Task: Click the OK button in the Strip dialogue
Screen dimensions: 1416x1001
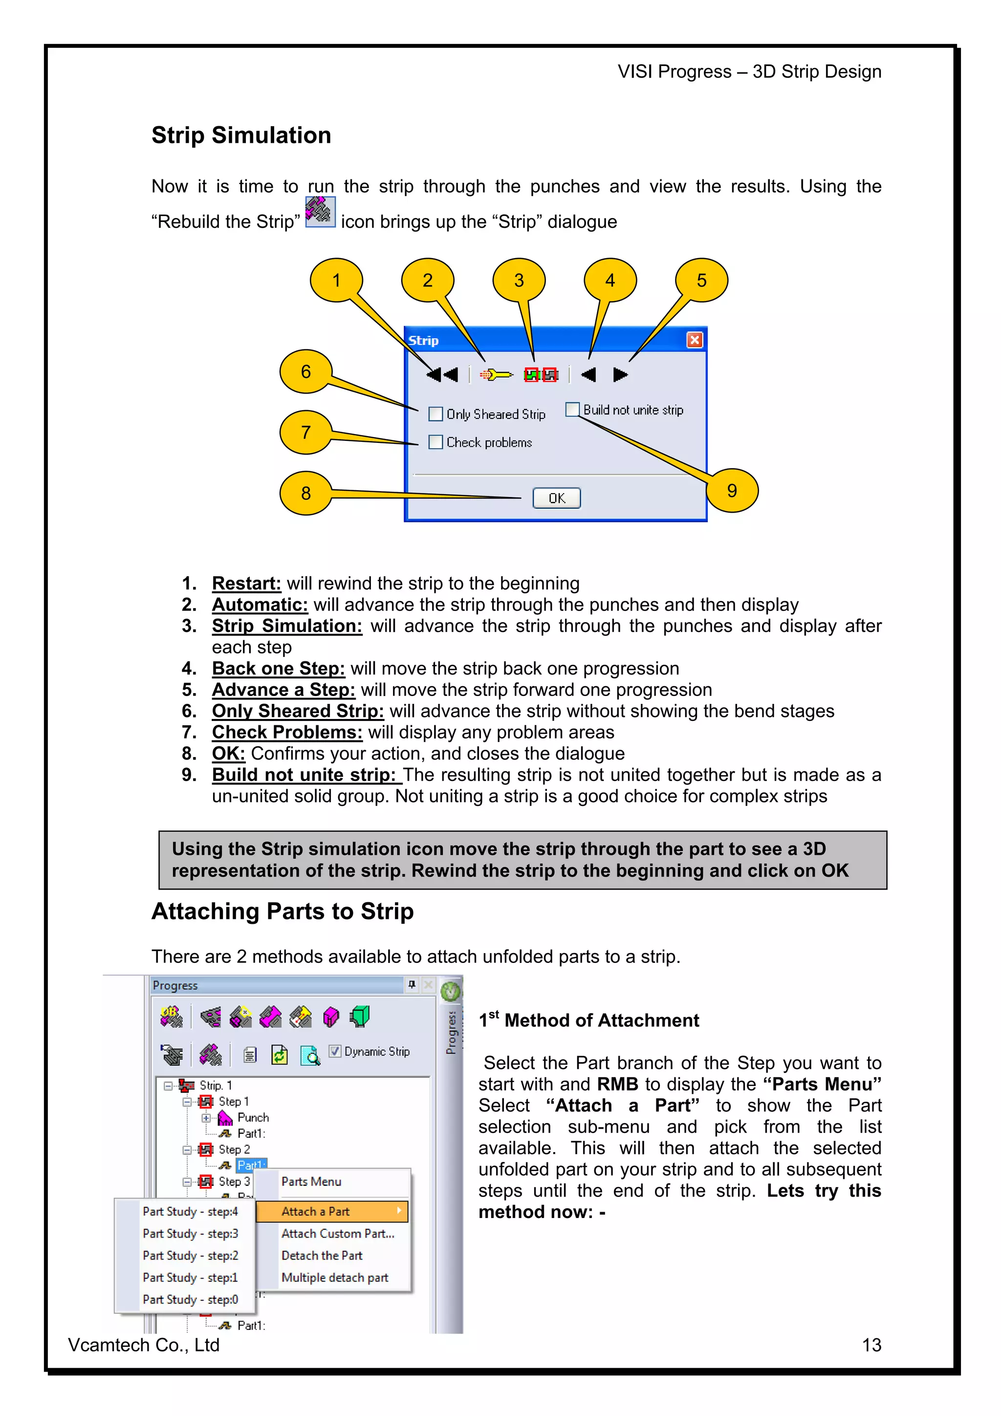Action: [556, 498]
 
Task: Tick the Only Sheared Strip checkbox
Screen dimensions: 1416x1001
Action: [435, 414]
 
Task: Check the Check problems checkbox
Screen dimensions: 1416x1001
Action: [435, 442]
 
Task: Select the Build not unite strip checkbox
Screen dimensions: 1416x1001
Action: [572, 410]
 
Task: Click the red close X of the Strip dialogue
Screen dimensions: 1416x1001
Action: [695, 340]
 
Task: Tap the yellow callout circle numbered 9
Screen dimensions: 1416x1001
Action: [732, 490]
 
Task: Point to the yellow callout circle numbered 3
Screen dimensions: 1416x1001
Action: [519, 280]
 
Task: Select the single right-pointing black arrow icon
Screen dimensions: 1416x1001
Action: [620, 374]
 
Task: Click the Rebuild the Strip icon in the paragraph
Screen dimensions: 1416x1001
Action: [320, 212]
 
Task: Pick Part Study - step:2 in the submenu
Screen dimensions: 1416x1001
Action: [190, 1255]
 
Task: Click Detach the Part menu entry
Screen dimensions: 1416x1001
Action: [321, 1255]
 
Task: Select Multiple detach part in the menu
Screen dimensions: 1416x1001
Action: [334, 1277]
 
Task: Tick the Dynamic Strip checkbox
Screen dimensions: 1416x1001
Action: [335, 1051]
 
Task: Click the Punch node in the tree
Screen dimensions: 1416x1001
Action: [252, 1117]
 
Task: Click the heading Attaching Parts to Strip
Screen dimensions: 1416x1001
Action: [283, 911]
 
